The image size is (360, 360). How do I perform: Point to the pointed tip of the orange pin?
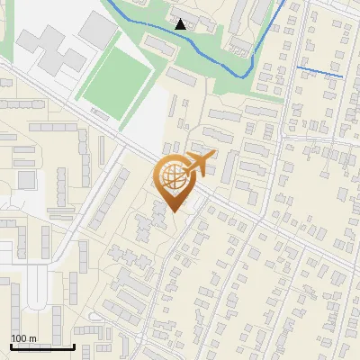coord(174,211)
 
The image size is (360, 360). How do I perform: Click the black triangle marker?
coord(182,24)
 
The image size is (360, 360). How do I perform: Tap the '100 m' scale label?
coord(23,338)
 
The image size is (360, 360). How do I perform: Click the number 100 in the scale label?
coord(20,338)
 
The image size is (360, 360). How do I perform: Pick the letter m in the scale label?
coord(32,338)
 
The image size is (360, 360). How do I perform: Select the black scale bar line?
coord(42,346)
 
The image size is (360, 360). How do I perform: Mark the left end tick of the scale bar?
coord(11,345)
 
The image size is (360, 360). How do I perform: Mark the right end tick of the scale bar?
coord(75,345)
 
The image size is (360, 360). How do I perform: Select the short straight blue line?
coord(319,71)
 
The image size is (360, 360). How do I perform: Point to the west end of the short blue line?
coord(298,67)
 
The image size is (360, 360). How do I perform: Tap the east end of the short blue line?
coord(342,76)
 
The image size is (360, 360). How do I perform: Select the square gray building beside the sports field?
coord(97,30)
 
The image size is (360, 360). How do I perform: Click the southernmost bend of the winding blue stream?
coord(241,76)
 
